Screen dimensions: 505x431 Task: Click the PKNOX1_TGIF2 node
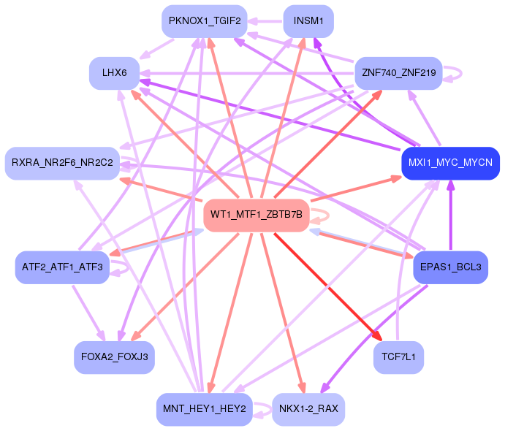pyautogui.click(x=205, y=21)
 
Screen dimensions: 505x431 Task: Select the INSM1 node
pyautogui.click(x=308, y=21)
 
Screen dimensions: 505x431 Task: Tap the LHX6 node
pyautogui.click(x=114, y=73)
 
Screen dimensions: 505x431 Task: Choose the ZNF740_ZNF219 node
pyautogui.click(x=398, y=73)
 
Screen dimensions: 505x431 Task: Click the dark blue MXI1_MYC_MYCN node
pyautogui.click(x=451, y=163)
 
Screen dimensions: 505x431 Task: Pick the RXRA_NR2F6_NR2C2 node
pyautogui.click(x=62, y=163)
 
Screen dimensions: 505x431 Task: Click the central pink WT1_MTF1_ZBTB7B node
pyautogui.click(x=257, y=215)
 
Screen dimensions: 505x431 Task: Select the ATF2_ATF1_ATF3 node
pyautogui.click(x=62, y=267)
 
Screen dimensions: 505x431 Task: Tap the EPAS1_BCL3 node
pyautogui.click(x=451, y=267)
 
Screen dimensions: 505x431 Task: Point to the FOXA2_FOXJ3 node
pyautogui.click(x=114, y=357)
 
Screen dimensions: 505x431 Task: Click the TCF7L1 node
pyautogui.click(x=398, y=357)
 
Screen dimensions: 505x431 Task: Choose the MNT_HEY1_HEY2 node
pyautogui.click(x=205, y=409)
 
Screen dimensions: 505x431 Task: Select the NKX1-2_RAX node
pyautogui.click(x=308, y=409)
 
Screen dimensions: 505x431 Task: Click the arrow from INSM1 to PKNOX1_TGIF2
pyautogui.click(x=265, y=22)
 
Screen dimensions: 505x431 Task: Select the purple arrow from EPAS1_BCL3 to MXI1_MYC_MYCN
pyautogui.click(x=451, y=215)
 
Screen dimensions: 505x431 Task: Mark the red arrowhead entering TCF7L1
pyautogui.click(x=378, y=336)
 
